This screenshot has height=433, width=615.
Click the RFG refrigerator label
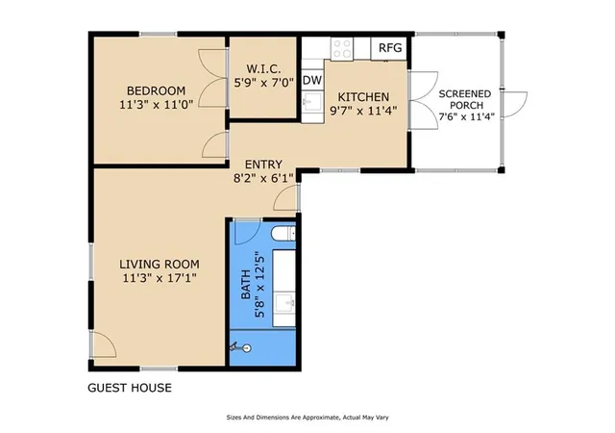pos(390,48)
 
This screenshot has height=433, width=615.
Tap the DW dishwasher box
pos(312,80)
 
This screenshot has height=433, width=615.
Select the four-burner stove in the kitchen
pos(342,49)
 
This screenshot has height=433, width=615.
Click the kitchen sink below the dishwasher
pos(312,102)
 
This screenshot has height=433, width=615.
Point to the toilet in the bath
pos(283,235)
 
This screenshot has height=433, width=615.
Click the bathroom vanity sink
pos(284,303)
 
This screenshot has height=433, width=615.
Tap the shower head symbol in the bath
pos(240,347)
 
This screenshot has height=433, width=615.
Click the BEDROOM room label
pos(156,90)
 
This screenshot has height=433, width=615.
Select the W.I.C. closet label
pos(263,69)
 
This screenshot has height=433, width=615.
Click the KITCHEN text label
pos(363,97)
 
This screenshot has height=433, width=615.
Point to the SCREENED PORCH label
pos(465,100)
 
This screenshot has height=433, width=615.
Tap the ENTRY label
pos(263,165)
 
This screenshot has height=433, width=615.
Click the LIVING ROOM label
pos(160,264)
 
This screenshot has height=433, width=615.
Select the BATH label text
pos(246,284)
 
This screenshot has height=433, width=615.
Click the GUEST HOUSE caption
pos(130,388)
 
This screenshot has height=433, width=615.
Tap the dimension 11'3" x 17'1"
pos(160,278)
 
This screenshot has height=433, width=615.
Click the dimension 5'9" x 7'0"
pos(263,84)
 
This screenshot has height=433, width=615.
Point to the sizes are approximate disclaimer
pos(307,418)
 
